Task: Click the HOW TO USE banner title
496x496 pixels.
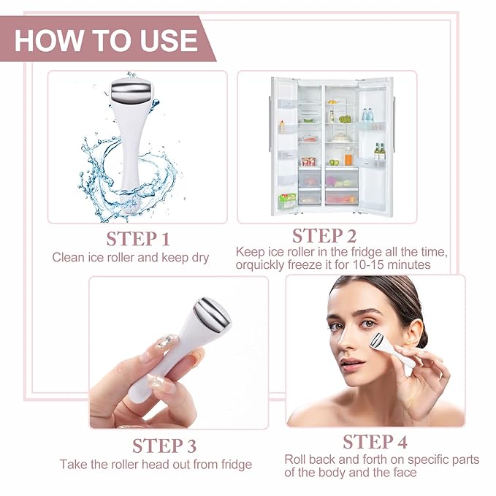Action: pos(106,39)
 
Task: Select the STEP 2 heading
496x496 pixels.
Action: pos(324,236)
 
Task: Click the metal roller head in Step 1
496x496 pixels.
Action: pos(132,94)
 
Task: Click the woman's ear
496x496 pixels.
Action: pos(413,333)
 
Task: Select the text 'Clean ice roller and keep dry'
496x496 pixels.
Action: pos(130,257)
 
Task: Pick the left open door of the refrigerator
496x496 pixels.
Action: pos(283,146)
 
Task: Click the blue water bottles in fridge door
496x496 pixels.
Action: pos(367,115)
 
